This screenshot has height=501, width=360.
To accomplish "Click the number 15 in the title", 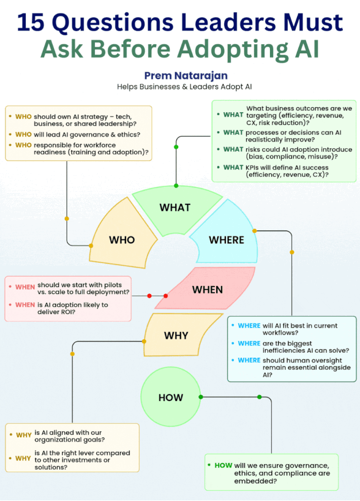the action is pos(31,22).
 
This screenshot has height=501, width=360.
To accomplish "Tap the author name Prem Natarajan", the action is pos(186,76).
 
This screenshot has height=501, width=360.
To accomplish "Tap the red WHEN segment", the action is pos(206,288).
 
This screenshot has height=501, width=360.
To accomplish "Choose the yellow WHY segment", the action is pos(179,334).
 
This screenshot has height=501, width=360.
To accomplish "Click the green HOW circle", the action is pos(171,397).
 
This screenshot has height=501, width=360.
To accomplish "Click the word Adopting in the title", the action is pos(233,50).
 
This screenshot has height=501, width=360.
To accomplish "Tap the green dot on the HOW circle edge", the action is pos(201,397).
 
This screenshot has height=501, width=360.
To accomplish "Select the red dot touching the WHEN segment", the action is pos(165,296).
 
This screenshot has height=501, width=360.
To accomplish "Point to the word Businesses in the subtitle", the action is pos(159,87).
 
